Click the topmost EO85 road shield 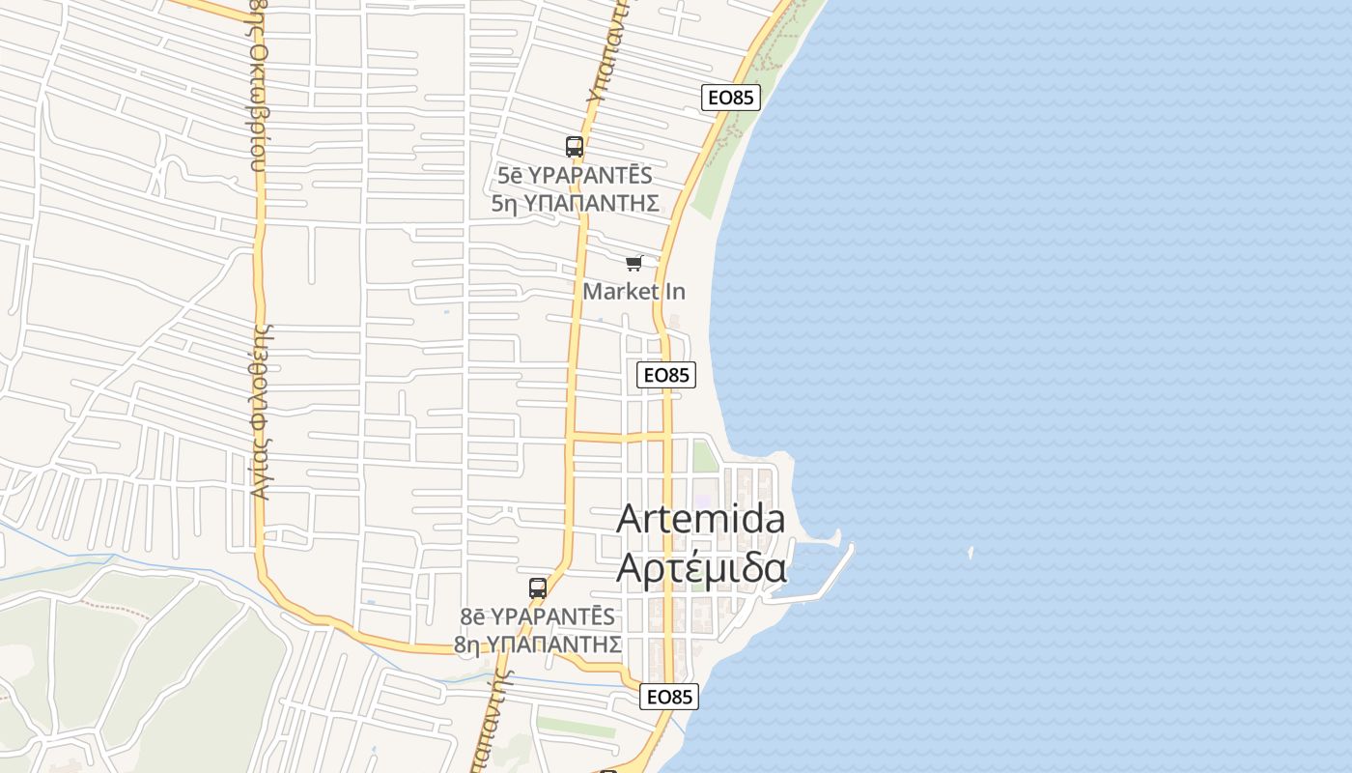tap(731, 98)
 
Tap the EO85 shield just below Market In tap(666, 375)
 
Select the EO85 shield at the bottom tap(668, 697)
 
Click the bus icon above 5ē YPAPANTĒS tap(575, 147)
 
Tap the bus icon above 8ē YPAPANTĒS tap(538, 587)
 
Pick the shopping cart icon tap(634, 263)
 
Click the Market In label tap(634, 291)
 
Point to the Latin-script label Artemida tap(701, 519)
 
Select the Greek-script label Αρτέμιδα tap(701, 569)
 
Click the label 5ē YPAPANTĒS tap(575, 176)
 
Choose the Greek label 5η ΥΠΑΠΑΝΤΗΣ tap(575, 203)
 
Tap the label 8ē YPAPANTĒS tap(537, 616)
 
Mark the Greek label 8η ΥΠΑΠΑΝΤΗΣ tap(537, 644)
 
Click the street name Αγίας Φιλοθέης tap(259, 411)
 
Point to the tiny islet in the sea tap(971, 553)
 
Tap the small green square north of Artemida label tap(705, 455)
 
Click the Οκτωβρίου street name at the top tap(259, 87)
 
